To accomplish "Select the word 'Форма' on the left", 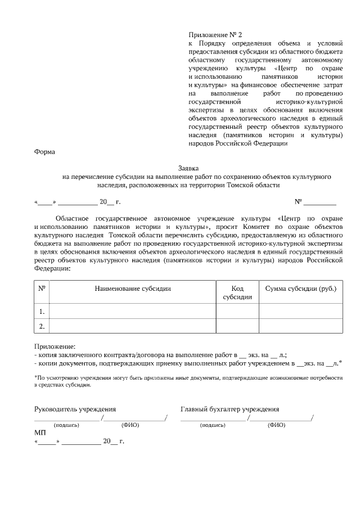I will (44, 151).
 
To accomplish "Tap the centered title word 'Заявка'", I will (188, 168).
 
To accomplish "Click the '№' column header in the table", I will (41, 289).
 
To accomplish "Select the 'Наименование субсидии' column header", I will (133, 289).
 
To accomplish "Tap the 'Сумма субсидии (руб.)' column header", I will (300, 289).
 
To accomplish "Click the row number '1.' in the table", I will (41, 311).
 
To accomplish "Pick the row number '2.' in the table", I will (41, 326).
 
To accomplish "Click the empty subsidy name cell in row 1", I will (133, 311).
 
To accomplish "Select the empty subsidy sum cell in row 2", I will (300, 326).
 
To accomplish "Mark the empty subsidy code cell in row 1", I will (237, 311).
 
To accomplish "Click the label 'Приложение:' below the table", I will (55, 346).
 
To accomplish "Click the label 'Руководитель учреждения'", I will (75, 409).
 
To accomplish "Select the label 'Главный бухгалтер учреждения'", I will (229, 409).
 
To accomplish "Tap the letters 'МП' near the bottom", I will (40, 433).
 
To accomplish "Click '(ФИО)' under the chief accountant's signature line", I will (276, 425).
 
